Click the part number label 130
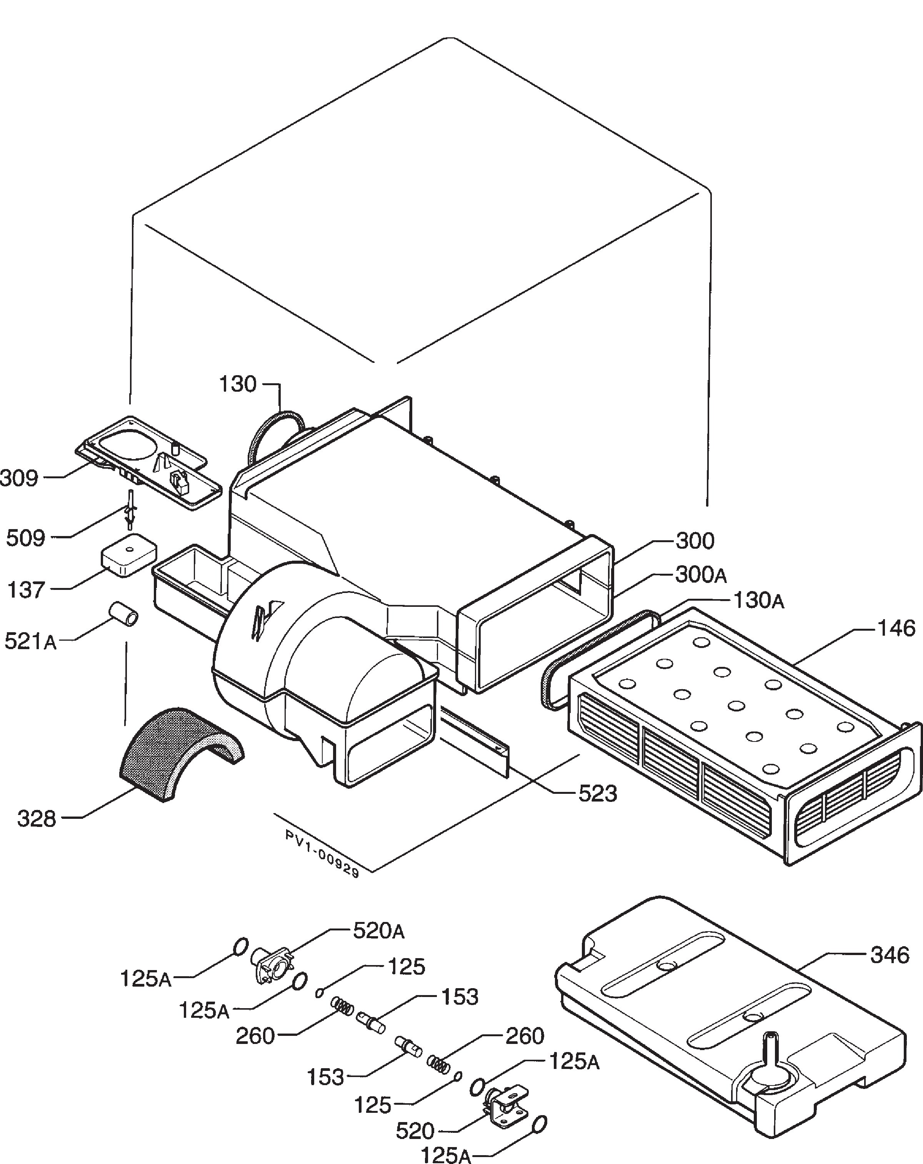coord(237,384)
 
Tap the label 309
coord(19,478)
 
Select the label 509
coord(25,538)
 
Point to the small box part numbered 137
coord(128,554)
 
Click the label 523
coord(598,793)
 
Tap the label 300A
coord(701,576)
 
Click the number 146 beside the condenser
coord(896,628)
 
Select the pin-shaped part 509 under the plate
coord(130,509)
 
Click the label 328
coord(37,819)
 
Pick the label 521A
coord(31,641)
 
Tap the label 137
coord(25,590)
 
